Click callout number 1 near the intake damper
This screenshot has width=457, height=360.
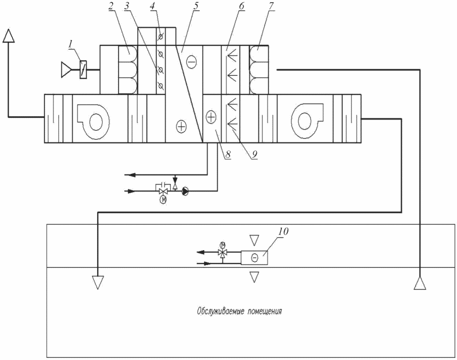point(70,44)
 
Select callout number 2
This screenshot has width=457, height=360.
point(111,6)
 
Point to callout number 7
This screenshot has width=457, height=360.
point(272,6)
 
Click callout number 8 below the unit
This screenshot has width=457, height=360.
point(228,154)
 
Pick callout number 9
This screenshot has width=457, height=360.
point(255,154)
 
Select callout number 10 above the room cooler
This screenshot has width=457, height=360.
point(283,231)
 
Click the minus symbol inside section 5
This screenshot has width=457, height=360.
point(191,62)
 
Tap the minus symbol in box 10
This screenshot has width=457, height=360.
point(255,258)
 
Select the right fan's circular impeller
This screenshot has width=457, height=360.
point(304,121)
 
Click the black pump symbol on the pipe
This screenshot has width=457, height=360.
point(185,191)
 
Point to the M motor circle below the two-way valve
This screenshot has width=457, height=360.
point(164,200)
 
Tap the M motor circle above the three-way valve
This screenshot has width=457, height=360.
point(223,244)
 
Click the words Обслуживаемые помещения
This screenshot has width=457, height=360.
point(240,311)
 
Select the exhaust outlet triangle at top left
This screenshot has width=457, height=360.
point(9,36)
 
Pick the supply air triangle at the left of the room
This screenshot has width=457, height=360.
point(98,282)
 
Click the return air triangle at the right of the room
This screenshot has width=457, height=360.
point(420,283)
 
